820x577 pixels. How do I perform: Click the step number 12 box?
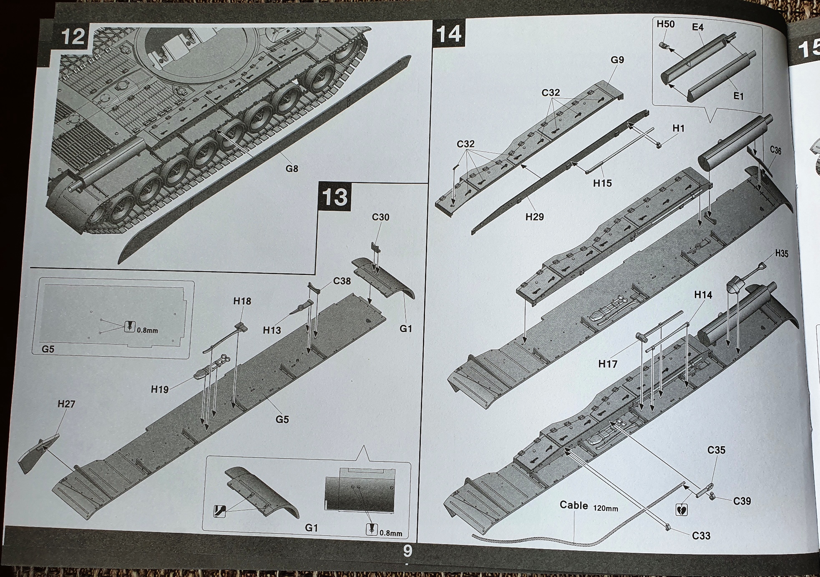(73, 37)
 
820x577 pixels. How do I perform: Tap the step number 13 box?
(335, 197)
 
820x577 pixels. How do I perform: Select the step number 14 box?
(449, 33)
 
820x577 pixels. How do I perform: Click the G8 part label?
(292, 169)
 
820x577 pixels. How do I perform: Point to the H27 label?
(66, 404)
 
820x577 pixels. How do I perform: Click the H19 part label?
(160, 390)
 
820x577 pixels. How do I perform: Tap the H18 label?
(242, 301)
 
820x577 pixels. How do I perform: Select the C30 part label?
(380, 217)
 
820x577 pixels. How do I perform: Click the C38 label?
(342, 281)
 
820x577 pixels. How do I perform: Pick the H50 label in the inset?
(665, 24)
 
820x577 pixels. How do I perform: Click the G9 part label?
(617, 60)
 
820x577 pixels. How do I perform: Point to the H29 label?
(534, 217)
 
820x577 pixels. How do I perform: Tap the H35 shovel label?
(782, 253)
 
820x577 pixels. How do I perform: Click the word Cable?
(573, 505)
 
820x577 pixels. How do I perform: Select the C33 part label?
(701, 536)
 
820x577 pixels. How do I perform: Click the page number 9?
(407, 551)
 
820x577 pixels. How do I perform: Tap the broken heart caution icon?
(681, 510)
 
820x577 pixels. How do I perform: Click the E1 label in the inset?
(738, 96)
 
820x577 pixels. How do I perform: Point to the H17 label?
(607, 364)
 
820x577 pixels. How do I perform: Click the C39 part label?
(742, 501)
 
